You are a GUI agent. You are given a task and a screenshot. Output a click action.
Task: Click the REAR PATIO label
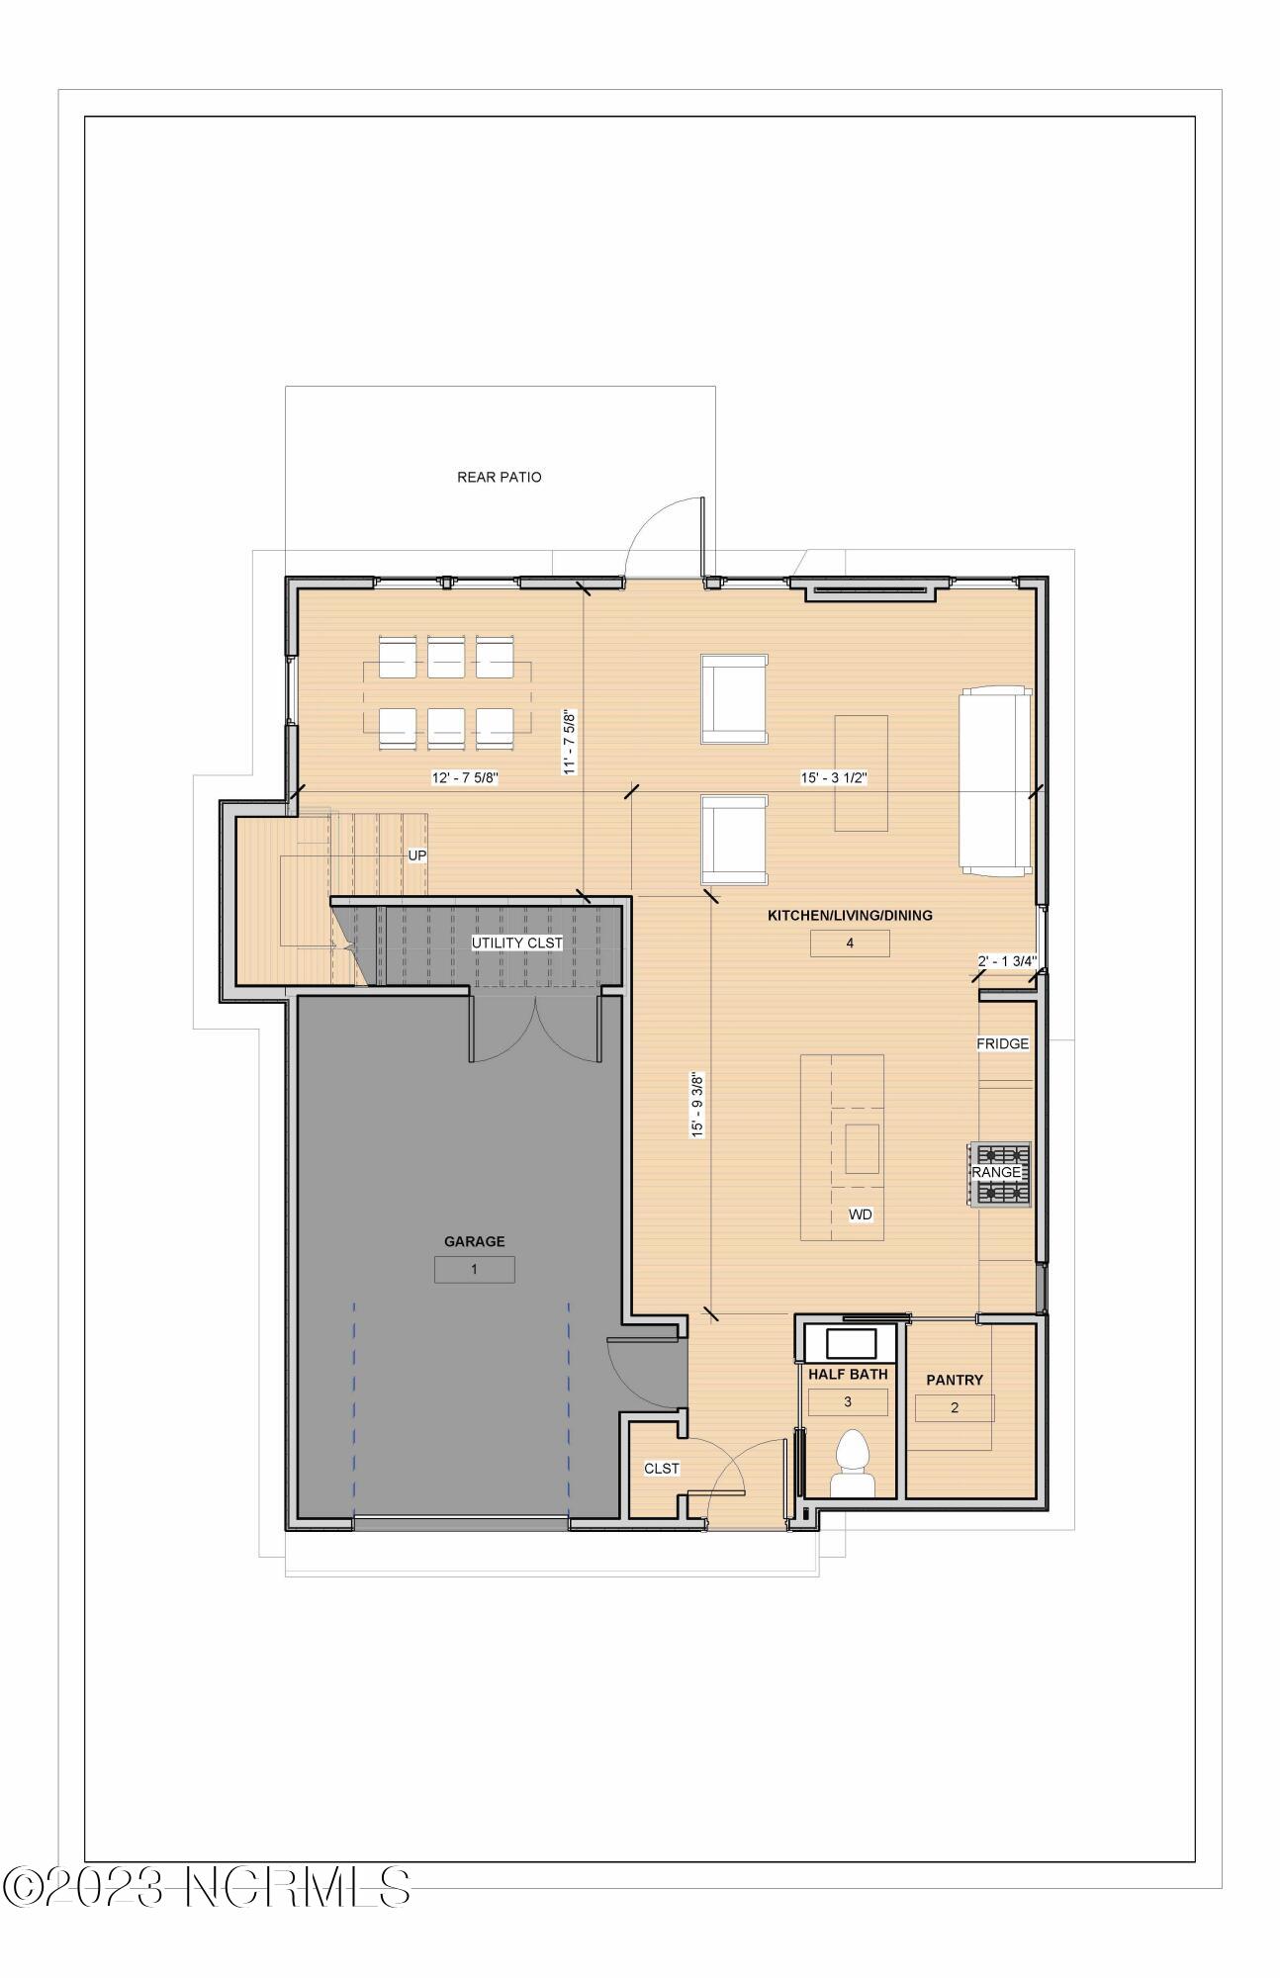[x=499, y=477]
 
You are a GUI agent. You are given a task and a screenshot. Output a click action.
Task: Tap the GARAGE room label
[x=474, y=1241]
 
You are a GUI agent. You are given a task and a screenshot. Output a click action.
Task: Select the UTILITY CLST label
[x=516, y=943]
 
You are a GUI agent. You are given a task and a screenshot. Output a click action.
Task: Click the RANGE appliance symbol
[x=999, y=1173]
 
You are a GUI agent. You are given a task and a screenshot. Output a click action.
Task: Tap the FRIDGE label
[x=1002, y=1043]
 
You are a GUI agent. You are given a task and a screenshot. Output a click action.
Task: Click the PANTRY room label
[x=954, y=1380]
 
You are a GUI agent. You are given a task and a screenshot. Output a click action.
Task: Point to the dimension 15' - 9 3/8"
[x=698, y=1105]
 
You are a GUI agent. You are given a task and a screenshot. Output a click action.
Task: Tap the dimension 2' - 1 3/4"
[x=1006, y=960]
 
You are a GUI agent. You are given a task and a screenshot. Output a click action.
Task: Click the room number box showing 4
[x=849, y=944]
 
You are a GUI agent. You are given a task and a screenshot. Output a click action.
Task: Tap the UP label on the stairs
[x=417, y=855]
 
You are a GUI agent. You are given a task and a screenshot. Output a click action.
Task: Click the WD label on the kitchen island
[x=860, y=1214]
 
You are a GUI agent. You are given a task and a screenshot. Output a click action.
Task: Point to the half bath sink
[x=851, y=1343]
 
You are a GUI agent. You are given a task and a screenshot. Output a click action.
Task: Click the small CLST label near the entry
[x=661, y=1469]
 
